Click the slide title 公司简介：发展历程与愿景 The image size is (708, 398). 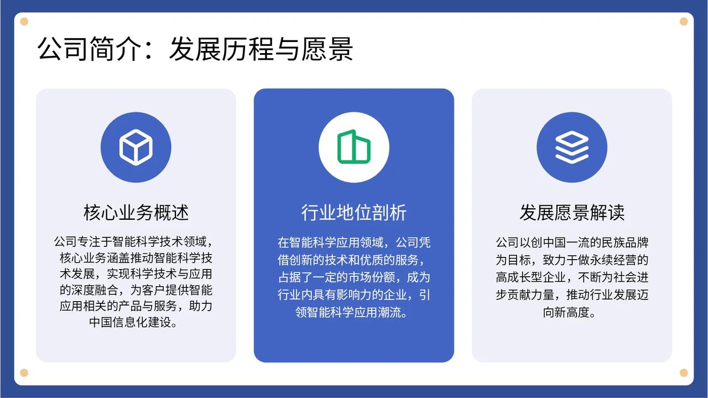[x=195, y=49]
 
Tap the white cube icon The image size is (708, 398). [x=136, y=147]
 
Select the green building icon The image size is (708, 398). [x=353, y=147]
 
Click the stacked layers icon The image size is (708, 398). [x=572, y=147]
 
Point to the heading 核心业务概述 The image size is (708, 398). [x=136, y=213]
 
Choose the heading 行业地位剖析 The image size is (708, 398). [x=353, y=213]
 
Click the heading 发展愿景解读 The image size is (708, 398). [x=572, y=213]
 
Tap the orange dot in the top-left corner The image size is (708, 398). [x=24, y=22]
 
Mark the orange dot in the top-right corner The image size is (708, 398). [x=684, y=22]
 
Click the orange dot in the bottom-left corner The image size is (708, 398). [x=24, y=373]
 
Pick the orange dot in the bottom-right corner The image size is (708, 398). [x=684, y=373]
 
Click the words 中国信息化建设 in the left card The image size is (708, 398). [x=130, y=322]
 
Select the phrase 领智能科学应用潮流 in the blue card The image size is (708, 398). [x=348, y=313]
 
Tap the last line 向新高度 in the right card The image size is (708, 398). [x=566, y=313]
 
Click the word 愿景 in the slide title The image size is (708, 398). [x=327, y=49]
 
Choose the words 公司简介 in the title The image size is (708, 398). [x=90, y=49]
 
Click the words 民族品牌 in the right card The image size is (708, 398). [x=625, y=242]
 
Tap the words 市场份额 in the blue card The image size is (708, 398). [x=372, y=277]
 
